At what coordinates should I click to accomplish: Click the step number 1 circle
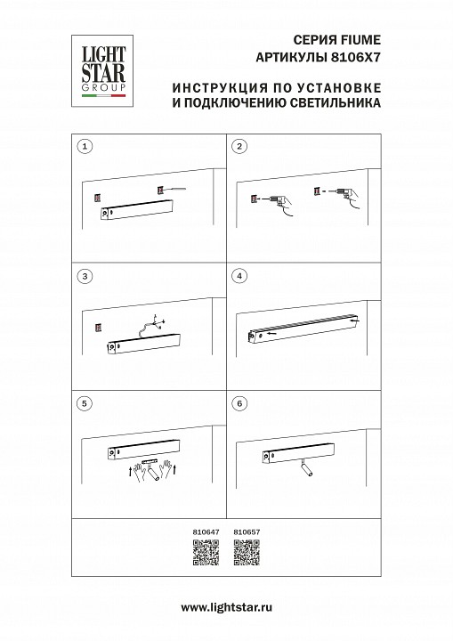tap(85, 146)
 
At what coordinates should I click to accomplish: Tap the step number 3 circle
tap(85, 276)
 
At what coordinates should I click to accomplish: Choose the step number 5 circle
tap(85, 403)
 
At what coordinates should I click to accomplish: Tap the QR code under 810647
tap(205, 553)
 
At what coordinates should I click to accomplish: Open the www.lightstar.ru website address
tap(226, 607)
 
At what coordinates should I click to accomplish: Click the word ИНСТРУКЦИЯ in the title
tap(210, 87)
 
